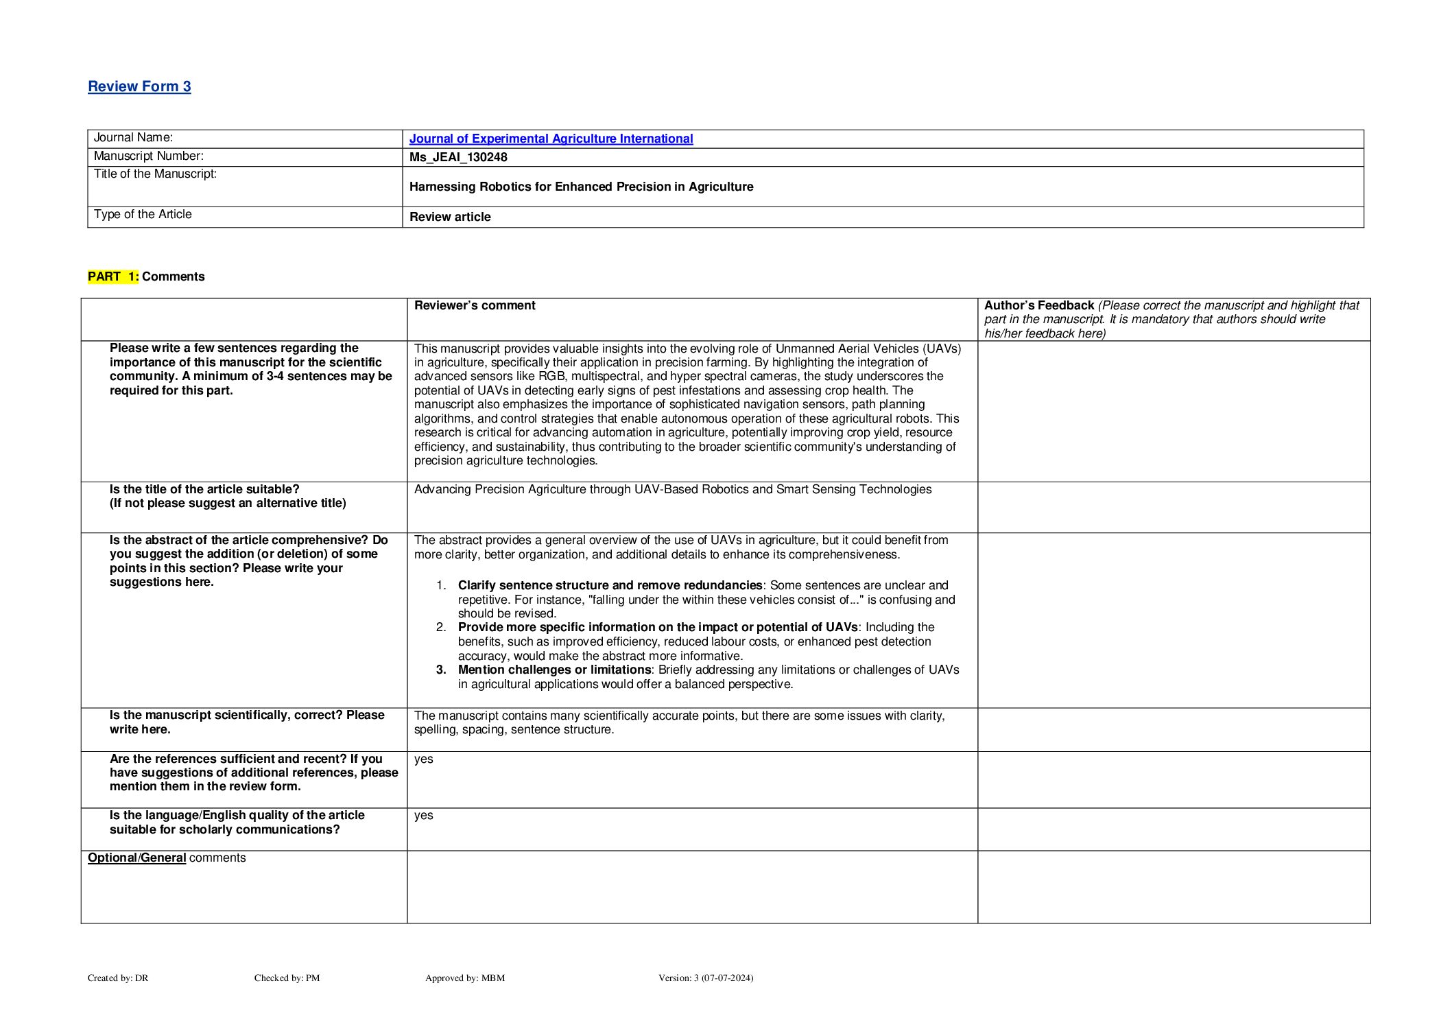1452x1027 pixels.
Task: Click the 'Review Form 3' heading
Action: pos(139,86)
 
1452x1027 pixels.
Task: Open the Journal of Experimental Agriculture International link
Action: pos(551,139)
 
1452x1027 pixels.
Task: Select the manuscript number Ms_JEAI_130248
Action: pos(458,157)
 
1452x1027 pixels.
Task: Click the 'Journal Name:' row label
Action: pos(133,138)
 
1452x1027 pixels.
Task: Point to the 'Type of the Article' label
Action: pos(143,215)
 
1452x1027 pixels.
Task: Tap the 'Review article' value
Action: pos(450,217)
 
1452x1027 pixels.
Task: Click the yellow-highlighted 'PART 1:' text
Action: pos(113,276)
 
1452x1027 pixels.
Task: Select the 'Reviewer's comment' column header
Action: pos(475,305)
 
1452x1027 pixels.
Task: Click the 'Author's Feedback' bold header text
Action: pos(1038,305)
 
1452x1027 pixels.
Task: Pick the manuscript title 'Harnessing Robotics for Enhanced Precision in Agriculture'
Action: pos(581,187)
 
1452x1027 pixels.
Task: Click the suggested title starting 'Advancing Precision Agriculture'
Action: pos(672,489)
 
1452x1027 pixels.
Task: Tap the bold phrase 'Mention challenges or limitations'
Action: pos(554,670)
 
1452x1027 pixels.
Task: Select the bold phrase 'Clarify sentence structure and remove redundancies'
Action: pos(610,585)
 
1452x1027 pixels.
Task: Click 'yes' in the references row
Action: pos(423,759)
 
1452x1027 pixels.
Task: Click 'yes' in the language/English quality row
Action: pos(423,815)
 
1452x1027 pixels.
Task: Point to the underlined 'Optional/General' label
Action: pos(136,858)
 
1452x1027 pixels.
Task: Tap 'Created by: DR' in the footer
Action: pos(118,978)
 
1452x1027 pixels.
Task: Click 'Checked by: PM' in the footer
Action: pos(287,978)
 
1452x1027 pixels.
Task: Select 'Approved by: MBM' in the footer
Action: pos(464,978)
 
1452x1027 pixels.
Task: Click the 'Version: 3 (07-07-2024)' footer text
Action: pos(705,978)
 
